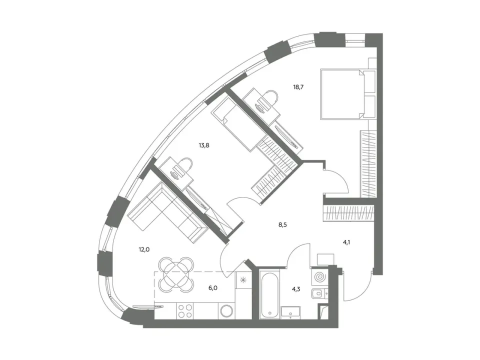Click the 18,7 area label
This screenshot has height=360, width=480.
[x=298, y=87]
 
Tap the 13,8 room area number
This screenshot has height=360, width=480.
[x=204, y=145]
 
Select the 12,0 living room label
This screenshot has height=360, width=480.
[x=144, y=249]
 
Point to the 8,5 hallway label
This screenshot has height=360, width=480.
[x=282, y=224]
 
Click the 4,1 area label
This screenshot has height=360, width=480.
[x=346, y=242]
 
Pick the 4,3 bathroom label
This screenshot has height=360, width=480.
[x=295, y=288]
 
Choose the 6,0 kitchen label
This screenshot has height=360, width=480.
[x=213, y=288]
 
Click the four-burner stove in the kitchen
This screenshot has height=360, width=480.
[x=185, y=311]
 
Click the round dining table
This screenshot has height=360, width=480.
[x=176, y=274]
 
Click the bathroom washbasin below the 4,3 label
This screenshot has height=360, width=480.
[x=290, y=312]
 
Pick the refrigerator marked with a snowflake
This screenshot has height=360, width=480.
[x=243, y=279]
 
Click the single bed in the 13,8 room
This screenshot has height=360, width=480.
[x=240, y=124]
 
